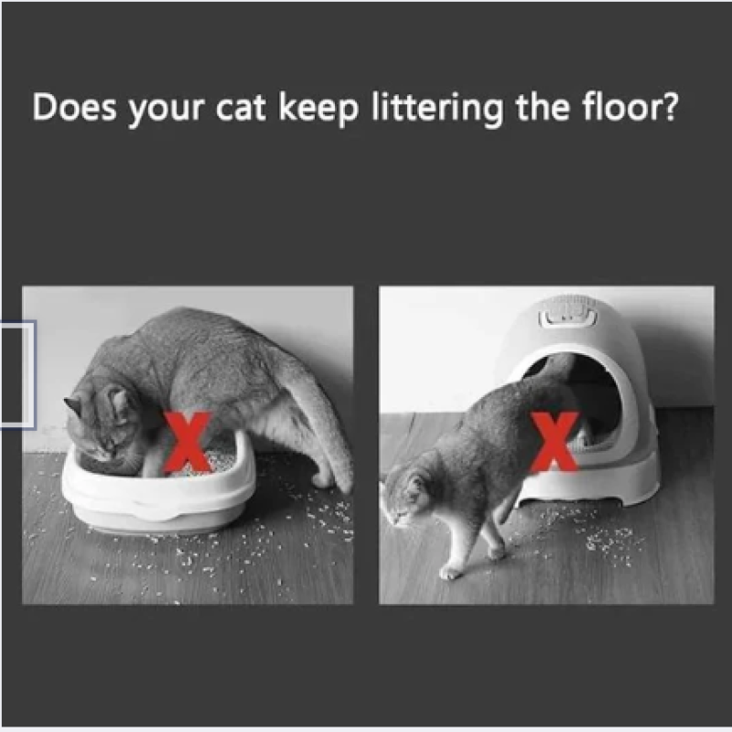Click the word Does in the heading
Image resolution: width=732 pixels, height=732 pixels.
tap(74, 107)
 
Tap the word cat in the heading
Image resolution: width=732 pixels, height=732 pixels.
tap(241, 108)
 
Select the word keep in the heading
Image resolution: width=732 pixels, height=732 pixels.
tap(318, 109)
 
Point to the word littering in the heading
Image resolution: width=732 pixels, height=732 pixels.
tap(437, 109)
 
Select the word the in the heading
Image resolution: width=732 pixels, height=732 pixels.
tap(543, 107)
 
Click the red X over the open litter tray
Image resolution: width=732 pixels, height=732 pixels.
tap(187, 442)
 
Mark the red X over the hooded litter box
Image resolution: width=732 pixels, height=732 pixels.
tap(554, 441)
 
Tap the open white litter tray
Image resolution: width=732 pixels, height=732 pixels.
tap(158, 490)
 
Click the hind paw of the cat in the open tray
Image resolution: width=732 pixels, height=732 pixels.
tap(322, 479)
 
